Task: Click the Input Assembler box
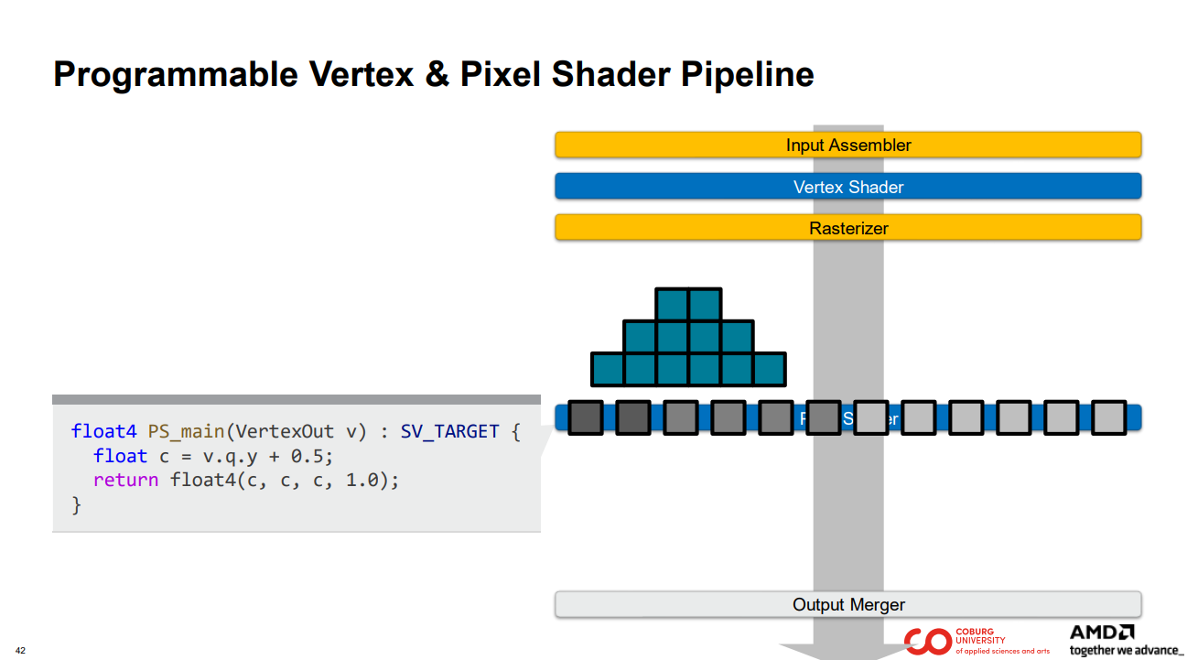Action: pyautogui.click(x=847, y=145)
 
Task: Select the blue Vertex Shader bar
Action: pyautogui.click(x=847, y=187)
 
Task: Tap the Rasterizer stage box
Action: pyautogui.click(x=847, y=228)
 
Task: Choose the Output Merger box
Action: pyautogui.click(x=847, y=604)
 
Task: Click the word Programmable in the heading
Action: pyautogui.click(x=175, y=74)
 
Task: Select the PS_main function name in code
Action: pyautogui.click(x=186, y=431)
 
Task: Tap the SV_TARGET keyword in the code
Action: pyautogui.click(x=449, y=431)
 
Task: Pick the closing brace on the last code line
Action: pyautogui.click(x=76, y=504)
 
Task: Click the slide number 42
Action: pyautogui.click(x=21, y=651)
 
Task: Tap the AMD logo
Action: pyautogui.click(x=1102, y=633)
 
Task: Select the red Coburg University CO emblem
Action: pyautogui.click(x=927, y=641)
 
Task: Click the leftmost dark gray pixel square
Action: pyautogui.click(x=586, y=417)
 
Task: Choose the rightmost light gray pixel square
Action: pyautogui.click(x=1108, y=417)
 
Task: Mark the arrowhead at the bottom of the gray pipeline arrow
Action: pyautogui.click(x=847, y=651)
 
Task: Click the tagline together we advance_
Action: pyautogui.click(x=1126, y=650)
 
